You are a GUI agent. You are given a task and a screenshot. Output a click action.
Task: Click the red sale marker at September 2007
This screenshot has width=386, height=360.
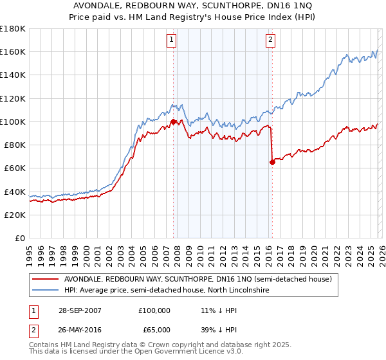[x=173, y=122]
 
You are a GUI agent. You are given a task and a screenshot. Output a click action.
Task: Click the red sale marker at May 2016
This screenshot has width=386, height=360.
[x=272, y=162]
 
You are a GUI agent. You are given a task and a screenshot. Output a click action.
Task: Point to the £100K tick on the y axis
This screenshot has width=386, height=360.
[x=13, y=122]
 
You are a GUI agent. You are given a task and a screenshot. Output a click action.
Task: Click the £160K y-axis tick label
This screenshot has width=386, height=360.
[x=13, y=51]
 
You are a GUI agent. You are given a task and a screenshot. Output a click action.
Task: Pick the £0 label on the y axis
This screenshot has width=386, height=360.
[x=21, y=238]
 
